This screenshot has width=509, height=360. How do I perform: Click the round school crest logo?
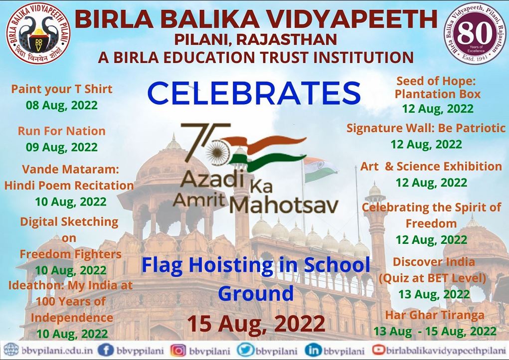point(38,32)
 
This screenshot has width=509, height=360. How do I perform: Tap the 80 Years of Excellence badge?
point(476,33)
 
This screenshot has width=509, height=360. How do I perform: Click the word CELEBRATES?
point(254,93)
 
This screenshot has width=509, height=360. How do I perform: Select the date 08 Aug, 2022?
point(62,106)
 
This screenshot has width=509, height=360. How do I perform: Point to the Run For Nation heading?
point(62,131)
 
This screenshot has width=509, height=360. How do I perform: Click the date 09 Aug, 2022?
point(62,147)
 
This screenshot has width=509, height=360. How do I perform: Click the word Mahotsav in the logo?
point(284,205)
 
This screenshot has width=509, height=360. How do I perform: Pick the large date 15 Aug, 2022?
point(256,323)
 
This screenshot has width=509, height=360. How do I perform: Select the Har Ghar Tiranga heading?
point(435,315)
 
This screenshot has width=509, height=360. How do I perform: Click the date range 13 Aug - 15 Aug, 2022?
point(435,331)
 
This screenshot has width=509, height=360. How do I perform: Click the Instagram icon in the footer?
point(178,351)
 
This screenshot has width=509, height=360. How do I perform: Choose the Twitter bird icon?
point(245,350)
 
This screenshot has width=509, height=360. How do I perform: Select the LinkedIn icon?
point(313,351)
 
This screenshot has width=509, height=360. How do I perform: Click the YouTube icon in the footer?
point(378,350)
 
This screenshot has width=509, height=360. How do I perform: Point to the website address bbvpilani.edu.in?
point(57,351)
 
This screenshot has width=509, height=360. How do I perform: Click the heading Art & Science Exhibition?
point(431,166)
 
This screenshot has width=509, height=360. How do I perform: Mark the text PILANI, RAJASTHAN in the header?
point(256,39)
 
